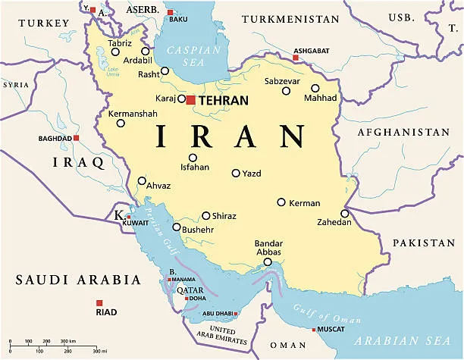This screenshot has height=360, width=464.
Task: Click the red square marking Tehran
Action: tap(190, 99)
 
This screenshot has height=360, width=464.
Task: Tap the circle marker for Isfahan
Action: tap(193, 158)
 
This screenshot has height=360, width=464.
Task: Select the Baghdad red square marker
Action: tap(77, 138)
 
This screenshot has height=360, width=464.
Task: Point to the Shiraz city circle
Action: tap(205, 215)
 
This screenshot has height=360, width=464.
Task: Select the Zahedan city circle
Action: tap(344, 214)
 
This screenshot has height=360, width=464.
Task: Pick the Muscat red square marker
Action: tap(314, 330)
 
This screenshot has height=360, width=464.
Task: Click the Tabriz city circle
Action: tap(115, 52)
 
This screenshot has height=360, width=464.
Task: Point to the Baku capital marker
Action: tap(170, 12)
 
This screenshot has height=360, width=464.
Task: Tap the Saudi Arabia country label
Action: tap(78, 280)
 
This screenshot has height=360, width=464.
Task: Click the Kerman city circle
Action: tap(281, 202)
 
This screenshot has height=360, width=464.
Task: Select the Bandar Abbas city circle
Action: tap(267, 262)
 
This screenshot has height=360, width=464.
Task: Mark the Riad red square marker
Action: tap(99, 302)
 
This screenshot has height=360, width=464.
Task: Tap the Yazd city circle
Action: tap(236, 173)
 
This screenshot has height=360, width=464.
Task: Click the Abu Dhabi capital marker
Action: tap(236, 314)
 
